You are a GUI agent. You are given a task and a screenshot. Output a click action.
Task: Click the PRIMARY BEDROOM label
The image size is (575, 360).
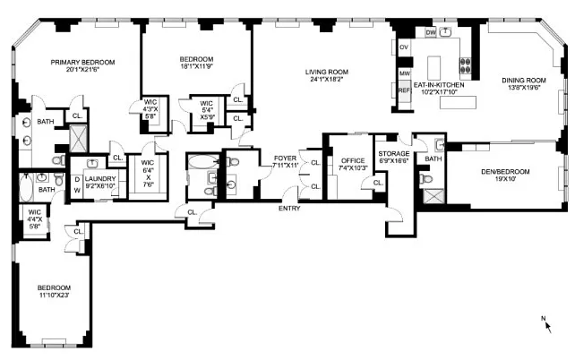(x=82, y=62)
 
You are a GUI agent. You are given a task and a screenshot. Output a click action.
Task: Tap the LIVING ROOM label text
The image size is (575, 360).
(x=327, y=72)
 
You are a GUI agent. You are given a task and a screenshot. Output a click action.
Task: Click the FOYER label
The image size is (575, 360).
(x=285, y=158)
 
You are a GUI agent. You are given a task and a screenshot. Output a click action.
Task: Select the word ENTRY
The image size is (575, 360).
(x=289, y=209)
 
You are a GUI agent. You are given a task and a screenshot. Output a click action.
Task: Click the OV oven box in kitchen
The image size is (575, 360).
(x=404, y=47)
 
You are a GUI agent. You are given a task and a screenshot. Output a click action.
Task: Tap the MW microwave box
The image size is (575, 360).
(x=404, y=73)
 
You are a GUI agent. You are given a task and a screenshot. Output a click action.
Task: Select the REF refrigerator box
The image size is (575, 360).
(x=404, y=90)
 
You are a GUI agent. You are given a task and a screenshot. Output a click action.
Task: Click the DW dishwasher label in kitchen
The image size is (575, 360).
(x=430, y=32)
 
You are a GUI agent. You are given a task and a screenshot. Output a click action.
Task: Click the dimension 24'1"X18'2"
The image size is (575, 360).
(x=327, y=81)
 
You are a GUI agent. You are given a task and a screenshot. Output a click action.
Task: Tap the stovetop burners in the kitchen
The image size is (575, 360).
(x=466, y=64)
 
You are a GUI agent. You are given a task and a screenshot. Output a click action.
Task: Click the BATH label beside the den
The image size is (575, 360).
(x=433, y=159)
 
